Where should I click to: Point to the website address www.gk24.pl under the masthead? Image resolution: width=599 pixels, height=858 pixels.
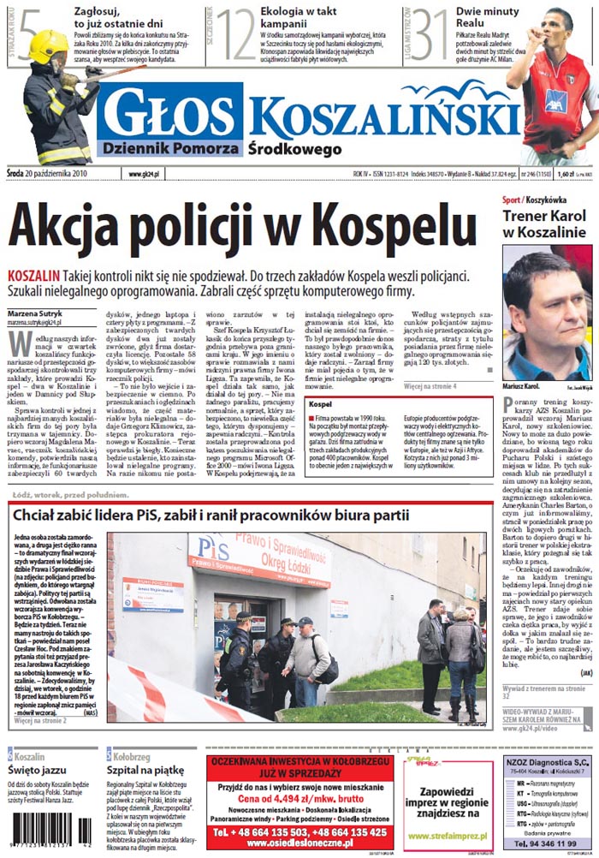pos(145,175)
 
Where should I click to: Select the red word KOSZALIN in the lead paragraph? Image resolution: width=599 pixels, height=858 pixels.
pos(33,276)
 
